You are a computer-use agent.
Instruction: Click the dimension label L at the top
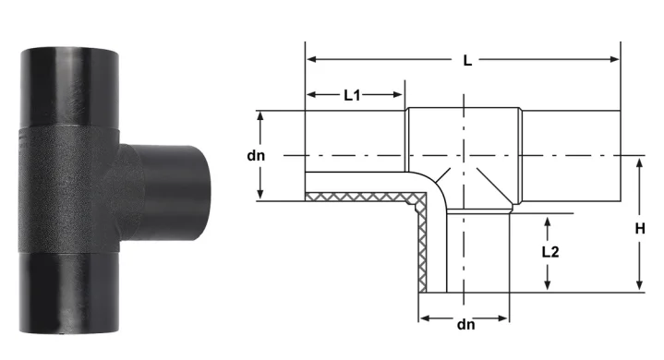pos(467,61)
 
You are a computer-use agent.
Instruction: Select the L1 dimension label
pos(352,96)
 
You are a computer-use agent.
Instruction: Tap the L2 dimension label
pos(550,252)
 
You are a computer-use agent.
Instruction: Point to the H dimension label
pos(640,229)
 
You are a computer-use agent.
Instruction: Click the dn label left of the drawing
pos(256,156)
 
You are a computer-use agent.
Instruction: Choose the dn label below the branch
pos(465,325)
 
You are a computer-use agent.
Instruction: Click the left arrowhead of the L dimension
pos(311,59)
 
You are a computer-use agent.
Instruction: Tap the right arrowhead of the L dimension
pos(614,59)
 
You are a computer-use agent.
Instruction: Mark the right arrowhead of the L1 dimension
pos(398,94)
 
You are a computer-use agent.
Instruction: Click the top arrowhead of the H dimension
pos(640,162)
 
